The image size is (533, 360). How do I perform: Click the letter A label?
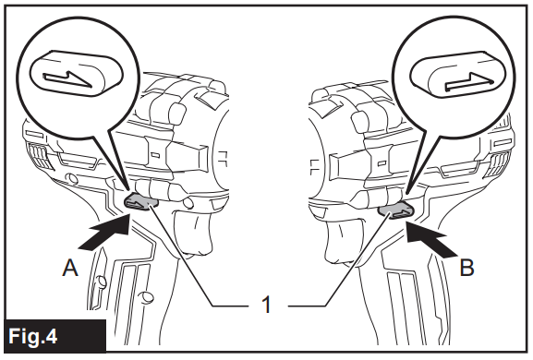coord(67,269)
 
